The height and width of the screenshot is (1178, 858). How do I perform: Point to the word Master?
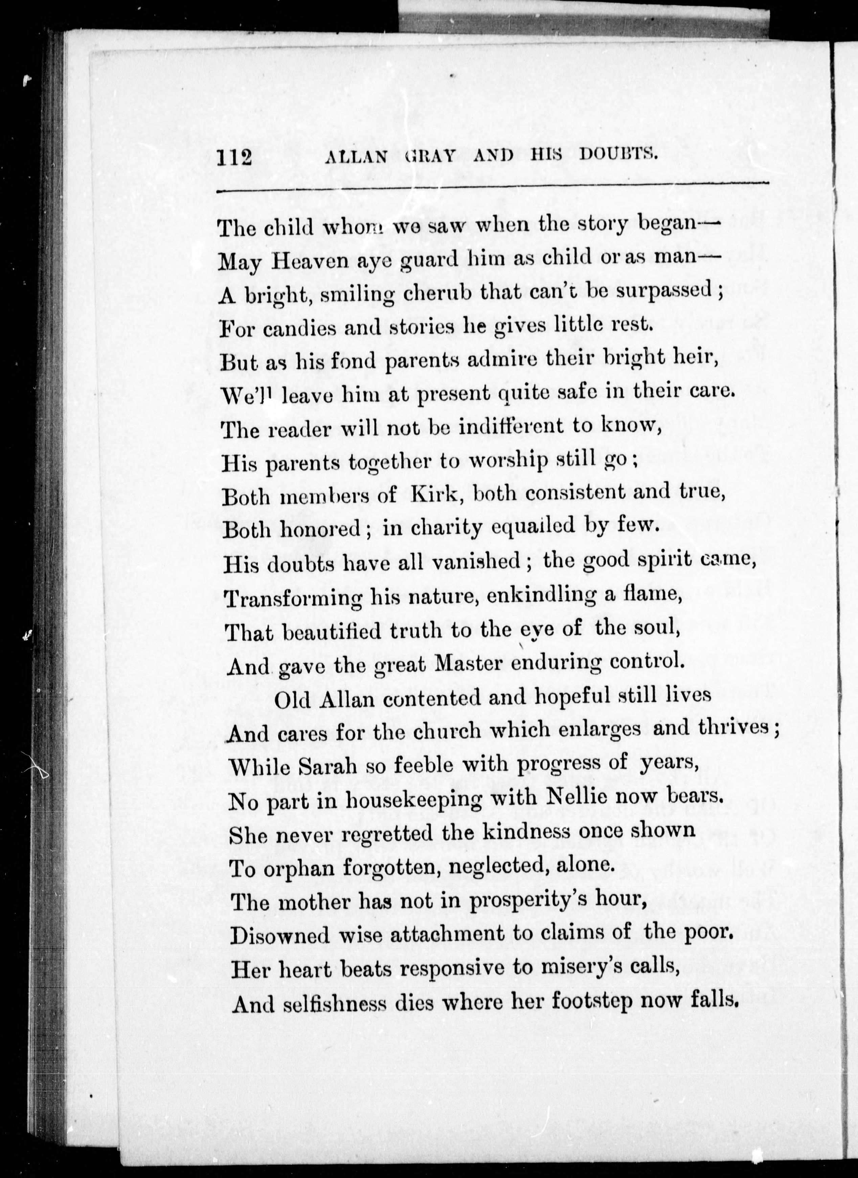[x=471, y=663]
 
